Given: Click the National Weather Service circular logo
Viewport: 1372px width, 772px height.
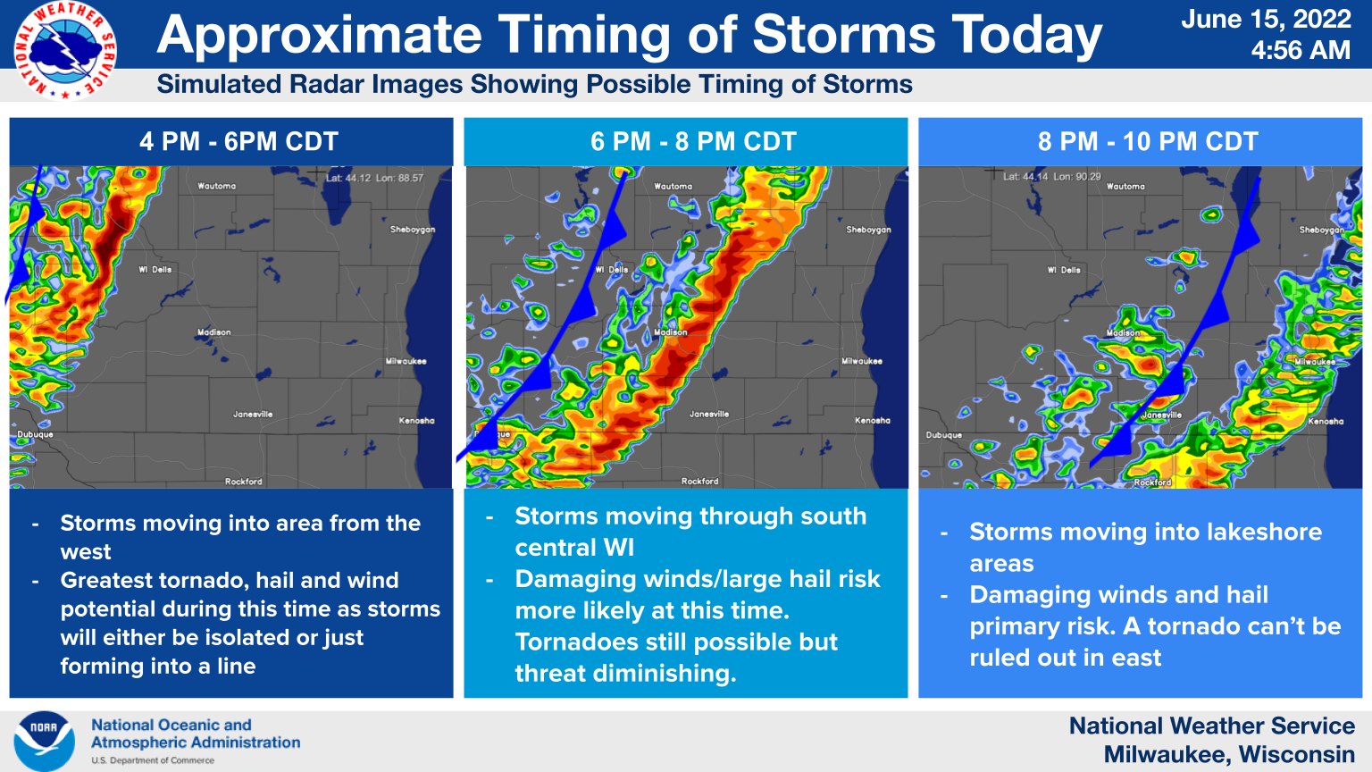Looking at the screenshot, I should pyautogui.click(x=64, y=50).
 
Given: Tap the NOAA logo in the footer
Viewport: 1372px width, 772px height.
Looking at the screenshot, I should pyautogui.click(x=44, y=741).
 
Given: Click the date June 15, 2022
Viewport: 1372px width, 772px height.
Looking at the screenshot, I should pyautogui.click(x=1266, y=20).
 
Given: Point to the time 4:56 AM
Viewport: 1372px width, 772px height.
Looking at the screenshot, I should pyautogui.click(x=1301, y=51).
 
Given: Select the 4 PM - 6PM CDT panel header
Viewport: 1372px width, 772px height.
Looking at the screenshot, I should pyautogui.click(x=238, y=141).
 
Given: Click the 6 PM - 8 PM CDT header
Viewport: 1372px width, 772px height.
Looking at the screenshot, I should pyautogui.click(x=693, y=141).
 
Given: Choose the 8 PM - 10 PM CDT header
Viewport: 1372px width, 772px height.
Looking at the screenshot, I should pyautogui.click(x=1148, y=141).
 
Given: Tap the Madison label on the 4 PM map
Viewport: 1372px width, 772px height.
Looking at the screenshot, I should pyautogui.click(x=214, y=332).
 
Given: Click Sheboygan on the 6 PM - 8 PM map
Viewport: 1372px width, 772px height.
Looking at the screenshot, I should pyautogui.click(x=868, y=230).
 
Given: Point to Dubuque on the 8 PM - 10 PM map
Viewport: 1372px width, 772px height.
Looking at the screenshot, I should pyautogui.click(x=944, y=435).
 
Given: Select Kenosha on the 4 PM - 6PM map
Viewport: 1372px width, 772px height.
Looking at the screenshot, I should pyautogui.click(x=416, y=420).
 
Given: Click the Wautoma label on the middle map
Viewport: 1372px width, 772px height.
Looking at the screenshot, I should pyautogui.click(x=673, y=187).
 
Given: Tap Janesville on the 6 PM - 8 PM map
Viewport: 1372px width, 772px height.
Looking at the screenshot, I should pyautogui.click(x=709, y=414).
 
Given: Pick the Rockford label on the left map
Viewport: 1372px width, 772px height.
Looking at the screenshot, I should pyautogui.click(x=244, y=482).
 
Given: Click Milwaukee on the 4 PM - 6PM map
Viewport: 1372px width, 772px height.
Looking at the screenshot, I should pyautogui.click(x=406, y=361).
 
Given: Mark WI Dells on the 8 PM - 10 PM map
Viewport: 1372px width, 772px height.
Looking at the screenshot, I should pyautogui.click(x=1064, y=270).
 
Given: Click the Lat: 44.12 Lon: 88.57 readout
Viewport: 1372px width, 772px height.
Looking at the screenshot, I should pyautogui.click(x=374, y=178).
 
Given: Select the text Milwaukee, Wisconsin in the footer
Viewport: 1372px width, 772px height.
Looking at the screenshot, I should pyautogui.click(x=1229, y=754).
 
